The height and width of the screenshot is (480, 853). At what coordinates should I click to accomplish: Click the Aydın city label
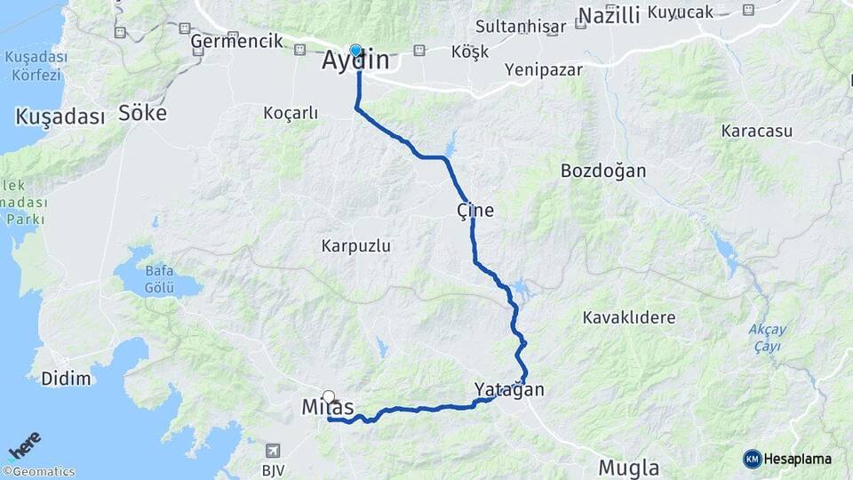click(355, 61)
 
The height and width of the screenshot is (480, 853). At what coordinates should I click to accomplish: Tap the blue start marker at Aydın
click(355, 51)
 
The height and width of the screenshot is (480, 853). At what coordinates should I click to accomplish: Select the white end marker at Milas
click(329, 397)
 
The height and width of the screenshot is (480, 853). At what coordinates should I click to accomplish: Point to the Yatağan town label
click(508, 389)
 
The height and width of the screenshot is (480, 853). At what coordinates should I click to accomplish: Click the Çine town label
click(474, 211)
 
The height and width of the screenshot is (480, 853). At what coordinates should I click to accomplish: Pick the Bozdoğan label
click(603, 171)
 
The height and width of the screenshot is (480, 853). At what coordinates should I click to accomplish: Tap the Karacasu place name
click(756, 131)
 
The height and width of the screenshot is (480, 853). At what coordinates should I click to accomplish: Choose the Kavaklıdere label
click(629, 317)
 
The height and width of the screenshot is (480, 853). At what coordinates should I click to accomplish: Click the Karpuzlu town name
click(356, 244)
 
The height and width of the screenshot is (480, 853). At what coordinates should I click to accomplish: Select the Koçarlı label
click(291, 113)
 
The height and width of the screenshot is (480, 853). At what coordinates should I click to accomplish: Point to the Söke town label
click(142, 113)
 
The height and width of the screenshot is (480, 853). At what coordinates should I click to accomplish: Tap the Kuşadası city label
click(60, 116)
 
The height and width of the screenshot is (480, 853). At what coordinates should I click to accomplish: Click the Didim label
click(66, 379)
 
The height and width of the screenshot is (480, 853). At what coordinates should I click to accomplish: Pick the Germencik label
click(236, 41)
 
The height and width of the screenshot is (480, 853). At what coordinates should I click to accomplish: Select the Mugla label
click(628, 468)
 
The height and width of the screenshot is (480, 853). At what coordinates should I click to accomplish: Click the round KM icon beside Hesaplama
click(752, 459)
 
